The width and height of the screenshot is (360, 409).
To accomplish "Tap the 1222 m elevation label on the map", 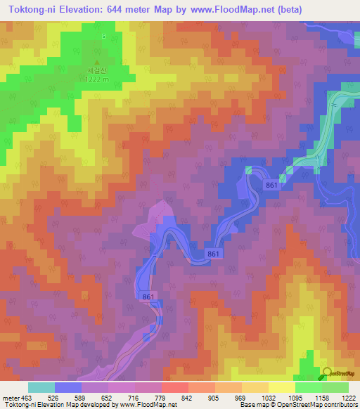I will pyautogui.click(x=98, y=79).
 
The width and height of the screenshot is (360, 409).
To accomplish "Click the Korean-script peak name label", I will pyautogui.click(x=98, y=70).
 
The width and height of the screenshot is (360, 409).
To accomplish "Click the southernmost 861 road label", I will pyautogui.click(x=148, y=298).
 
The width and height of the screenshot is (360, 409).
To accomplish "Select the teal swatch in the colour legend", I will pyautogui.click(x=41, y=387).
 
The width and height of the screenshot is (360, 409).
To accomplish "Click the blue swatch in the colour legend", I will pyautogui.click(x=68, y=387).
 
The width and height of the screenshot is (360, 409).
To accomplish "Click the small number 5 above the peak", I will pyautogui.click(x=103, y=36).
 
